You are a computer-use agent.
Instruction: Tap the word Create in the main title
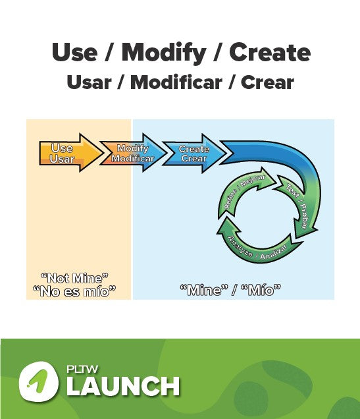270,52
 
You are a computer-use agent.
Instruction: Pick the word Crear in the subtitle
267,83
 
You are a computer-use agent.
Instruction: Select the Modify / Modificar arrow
132,154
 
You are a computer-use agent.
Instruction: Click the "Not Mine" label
74,278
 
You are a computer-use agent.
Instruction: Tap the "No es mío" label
74,291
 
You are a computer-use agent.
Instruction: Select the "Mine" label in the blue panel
201,289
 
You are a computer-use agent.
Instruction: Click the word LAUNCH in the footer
123,386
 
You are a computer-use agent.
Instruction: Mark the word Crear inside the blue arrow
193,159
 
